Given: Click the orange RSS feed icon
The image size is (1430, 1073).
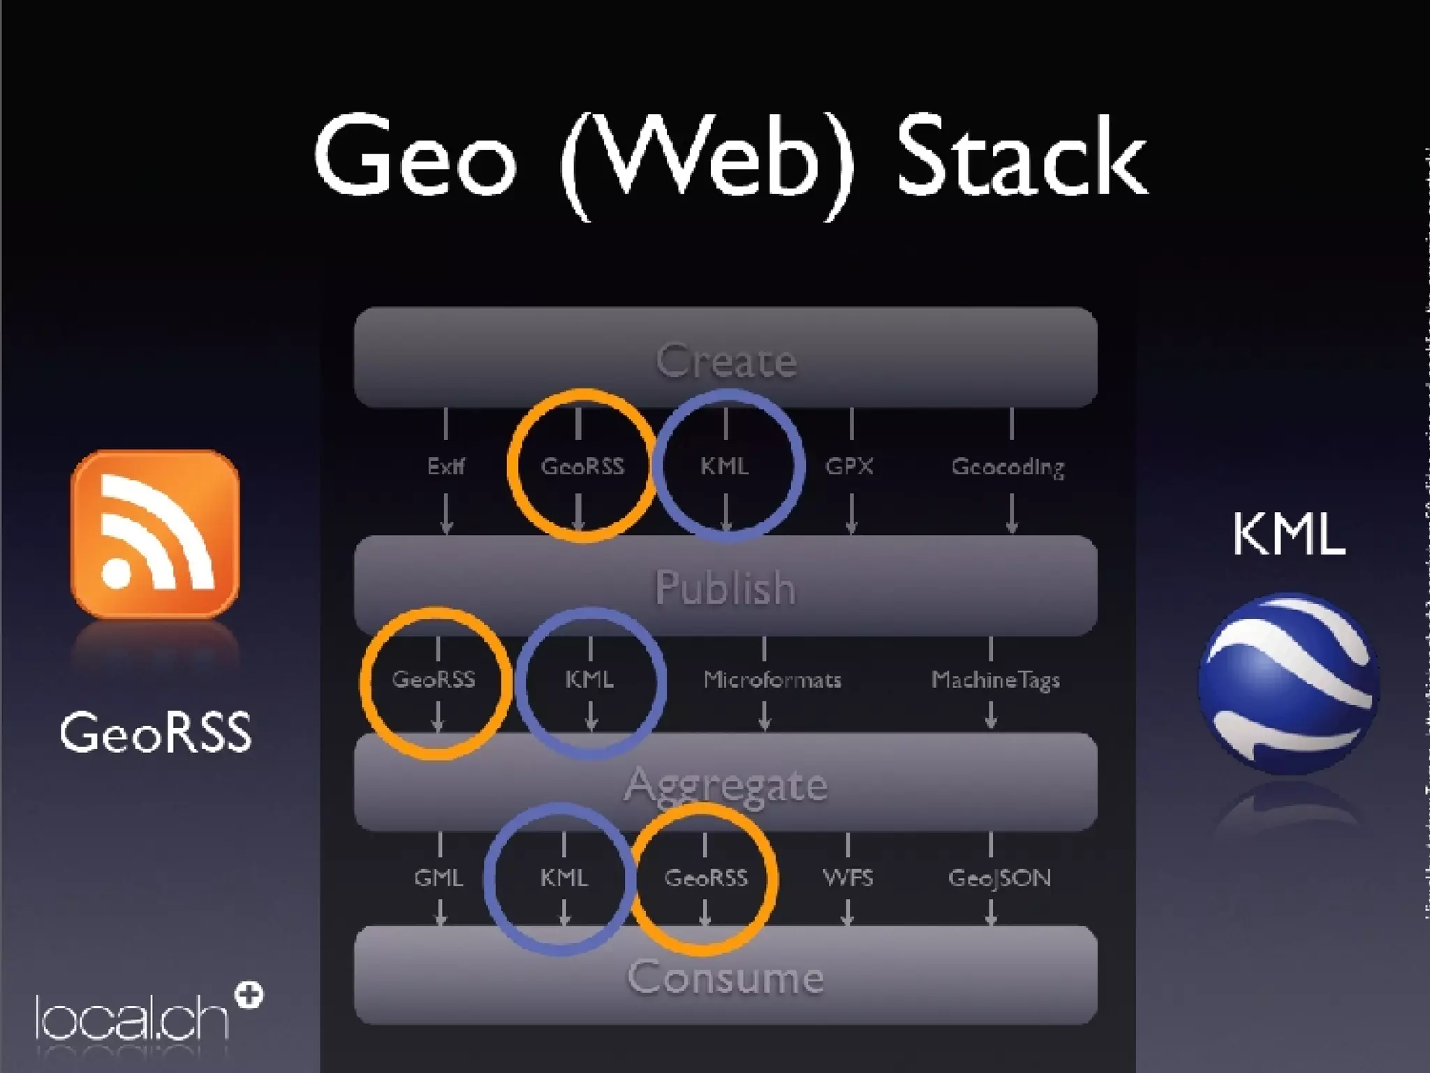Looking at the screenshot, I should click(x=155, y=534).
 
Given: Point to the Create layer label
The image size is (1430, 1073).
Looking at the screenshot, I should click(x=726, y=361).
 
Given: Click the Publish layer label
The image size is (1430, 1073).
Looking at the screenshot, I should click(x=725, y=587).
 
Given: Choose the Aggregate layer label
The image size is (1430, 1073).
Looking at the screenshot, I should click(x=726, y=784).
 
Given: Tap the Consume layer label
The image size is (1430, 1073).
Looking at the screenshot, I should click(x=725, y=977).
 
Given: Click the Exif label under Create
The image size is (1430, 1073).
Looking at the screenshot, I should click(x=446, y=466).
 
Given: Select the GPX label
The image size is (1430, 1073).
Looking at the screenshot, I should click(x=850, y=466).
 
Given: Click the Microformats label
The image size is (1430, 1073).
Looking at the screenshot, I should click(x=772, y=680).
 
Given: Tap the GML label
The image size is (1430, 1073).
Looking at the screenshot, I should click(x=438, y=877).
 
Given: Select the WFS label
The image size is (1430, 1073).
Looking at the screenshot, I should click(x=848, y=877).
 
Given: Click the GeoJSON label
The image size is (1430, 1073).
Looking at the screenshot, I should click(x=999, y=878).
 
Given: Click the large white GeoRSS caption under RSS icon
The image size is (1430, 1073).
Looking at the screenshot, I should click(x=155, y=733).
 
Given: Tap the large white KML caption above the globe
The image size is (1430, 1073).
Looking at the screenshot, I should click(x=1288, y=534).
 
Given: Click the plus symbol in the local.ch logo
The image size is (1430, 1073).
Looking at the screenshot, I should click(x=250, y=995).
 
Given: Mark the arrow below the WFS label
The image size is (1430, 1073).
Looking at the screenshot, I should click(x=848, y=912).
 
